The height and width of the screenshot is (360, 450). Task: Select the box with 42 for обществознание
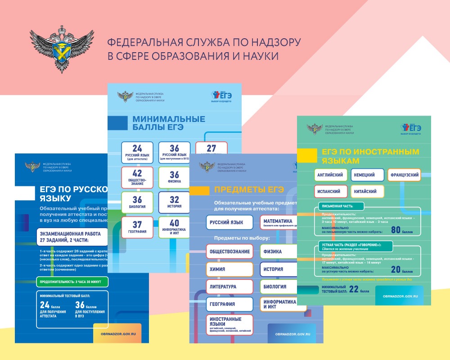pyautogui.click(x=137, y=178)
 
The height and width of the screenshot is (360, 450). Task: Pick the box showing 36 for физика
pyautogui.click(x=174, y=177)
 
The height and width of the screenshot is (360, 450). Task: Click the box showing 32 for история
pyautogui.click(x=174, y=202)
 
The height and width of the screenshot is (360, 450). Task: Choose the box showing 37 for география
pyautogui.click(x=137, y=227)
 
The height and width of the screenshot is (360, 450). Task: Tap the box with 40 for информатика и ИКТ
pyautogui.click(x=174, y=227)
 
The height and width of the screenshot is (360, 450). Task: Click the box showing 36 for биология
pyautogui.click(x=137, y=202)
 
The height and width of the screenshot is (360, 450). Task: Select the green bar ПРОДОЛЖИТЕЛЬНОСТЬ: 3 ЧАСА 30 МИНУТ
pyautogui.click(x=72, y=282)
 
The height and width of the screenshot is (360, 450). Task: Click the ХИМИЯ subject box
pyautogui.click(x=229, y=269)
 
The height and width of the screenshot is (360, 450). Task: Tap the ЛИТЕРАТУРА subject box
pyautogui.click(x=229, y=287)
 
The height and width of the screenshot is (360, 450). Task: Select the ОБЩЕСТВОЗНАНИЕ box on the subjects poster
pyautogui.click(x=229, y=252)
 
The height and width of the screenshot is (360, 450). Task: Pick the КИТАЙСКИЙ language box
pyautogui.click(x=367, y=191)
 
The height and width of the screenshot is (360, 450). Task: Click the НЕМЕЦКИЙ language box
pyautogui.click(x=367, y=175)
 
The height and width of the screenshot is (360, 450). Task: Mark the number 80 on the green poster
pyautogui.click(x=396, y=230)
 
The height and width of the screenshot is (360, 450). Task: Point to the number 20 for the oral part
pyautogui.click(x=396, y=270)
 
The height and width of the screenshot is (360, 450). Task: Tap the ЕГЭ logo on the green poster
pyautogui.click(x=411, y=128)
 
